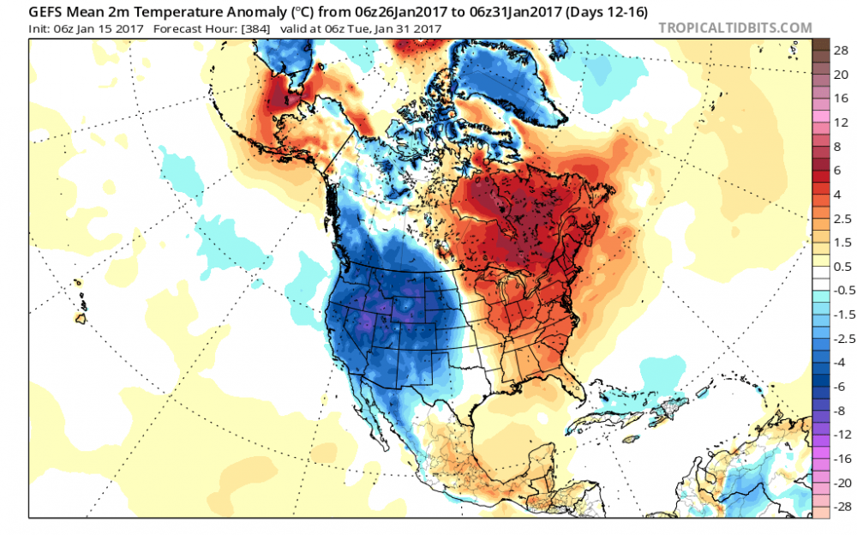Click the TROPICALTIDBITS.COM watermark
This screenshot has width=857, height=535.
734,27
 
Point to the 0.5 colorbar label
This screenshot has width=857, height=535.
841,266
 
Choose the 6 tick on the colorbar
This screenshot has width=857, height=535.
840,170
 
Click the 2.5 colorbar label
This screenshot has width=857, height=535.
841,218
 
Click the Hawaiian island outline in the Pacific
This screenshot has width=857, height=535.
81,319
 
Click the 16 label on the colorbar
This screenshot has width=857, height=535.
840,98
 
